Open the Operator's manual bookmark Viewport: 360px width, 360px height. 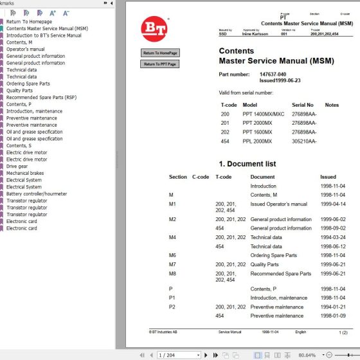25,50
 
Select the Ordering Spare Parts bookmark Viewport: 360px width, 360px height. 28,84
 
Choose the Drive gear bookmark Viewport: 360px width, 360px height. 17,166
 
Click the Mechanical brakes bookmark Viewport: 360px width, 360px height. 25,173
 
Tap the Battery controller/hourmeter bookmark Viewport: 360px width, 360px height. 36,194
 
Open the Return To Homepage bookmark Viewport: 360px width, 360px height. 30,22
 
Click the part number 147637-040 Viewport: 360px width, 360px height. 273,75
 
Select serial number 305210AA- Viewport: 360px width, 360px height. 304,141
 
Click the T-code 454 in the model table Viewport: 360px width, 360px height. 225,141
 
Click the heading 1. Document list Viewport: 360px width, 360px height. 248,164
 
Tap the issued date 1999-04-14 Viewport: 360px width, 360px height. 332,204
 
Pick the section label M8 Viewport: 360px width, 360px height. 172,274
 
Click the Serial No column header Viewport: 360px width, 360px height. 302,105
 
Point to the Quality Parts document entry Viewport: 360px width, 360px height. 264,264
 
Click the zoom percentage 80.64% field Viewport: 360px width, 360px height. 307,355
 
